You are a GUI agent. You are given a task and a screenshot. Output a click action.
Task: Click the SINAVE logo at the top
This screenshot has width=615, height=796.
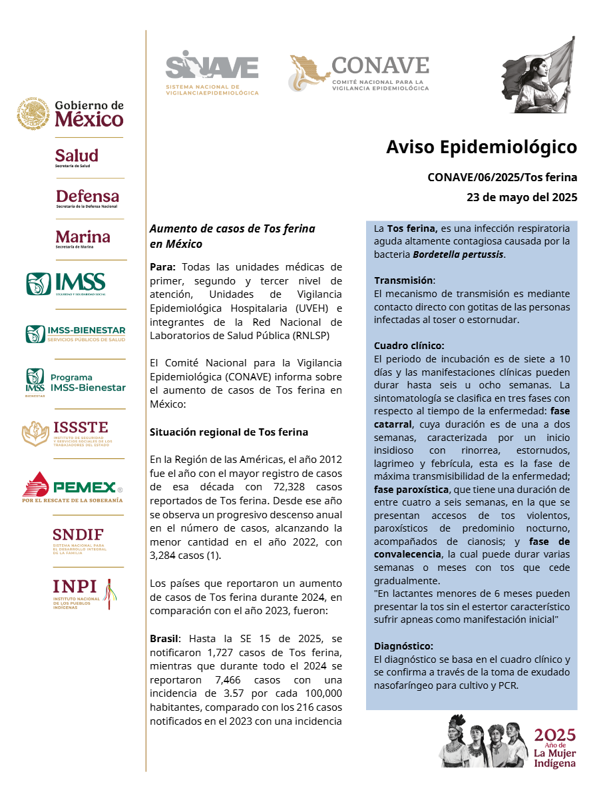coord(212,72)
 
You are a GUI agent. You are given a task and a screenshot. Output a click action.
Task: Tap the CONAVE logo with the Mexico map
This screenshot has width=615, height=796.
coord(359,73)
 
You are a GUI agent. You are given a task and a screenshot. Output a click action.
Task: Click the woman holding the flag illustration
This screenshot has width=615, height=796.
coord(537,75)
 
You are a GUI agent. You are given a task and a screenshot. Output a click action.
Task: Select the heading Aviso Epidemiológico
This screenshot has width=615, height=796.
coord(481,147)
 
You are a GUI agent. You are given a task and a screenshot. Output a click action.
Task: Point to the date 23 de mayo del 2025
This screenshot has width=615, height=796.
coord(522,197)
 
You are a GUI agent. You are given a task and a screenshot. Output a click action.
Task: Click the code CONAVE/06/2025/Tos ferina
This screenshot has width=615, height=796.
coord(502,177)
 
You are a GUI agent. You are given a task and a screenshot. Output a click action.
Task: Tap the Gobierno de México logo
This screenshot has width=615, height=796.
coord(71,114)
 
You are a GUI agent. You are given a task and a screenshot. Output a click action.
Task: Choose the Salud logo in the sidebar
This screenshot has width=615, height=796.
coord(77,157)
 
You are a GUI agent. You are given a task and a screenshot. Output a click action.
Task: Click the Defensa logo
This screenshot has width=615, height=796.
coord(87,199)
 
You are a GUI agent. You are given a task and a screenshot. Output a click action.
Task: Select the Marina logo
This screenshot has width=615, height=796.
coord(83,238)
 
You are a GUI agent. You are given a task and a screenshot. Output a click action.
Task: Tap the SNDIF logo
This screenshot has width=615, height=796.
coord(79,541)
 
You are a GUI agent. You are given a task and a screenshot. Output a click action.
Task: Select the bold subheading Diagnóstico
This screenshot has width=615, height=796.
coord(403,646)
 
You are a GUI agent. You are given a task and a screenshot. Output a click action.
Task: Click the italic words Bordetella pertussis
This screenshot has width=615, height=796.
coord(458,254)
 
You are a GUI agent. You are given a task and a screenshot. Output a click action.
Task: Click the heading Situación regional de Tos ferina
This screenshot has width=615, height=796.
coord(229,432)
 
